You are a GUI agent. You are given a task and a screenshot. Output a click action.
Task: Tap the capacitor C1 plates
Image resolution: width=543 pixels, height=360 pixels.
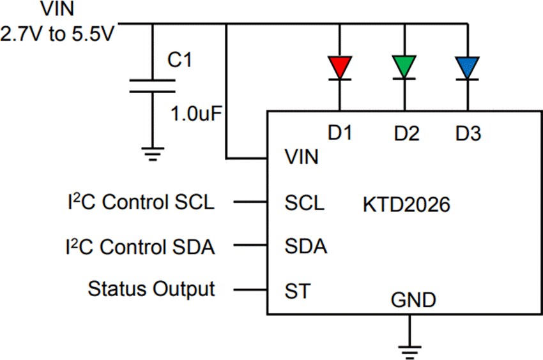152,86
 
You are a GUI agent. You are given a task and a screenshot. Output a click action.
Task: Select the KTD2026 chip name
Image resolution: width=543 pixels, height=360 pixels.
406,205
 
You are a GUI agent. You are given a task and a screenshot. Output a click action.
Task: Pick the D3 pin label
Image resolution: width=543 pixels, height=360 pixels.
468,134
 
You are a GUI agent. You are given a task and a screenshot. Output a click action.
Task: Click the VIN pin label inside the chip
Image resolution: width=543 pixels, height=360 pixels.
301,157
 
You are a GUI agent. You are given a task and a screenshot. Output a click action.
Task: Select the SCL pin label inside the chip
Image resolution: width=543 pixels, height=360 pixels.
304,204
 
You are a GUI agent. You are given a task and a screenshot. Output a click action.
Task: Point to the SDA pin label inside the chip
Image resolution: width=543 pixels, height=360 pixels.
305,246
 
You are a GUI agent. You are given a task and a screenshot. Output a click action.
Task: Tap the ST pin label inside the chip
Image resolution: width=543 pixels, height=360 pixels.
297,291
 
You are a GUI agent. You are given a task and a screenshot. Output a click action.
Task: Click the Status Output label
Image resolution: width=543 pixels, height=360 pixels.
151,289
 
